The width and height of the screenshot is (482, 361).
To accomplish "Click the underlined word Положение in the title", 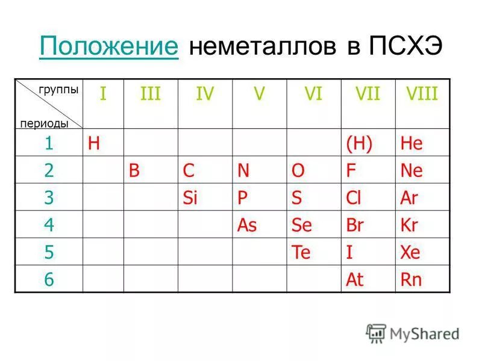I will click(x=108, y=46).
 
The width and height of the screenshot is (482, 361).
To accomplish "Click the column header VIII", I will click(x=421, y=94).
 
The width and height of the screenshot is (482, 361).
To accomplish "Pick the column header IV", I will click(x=204, y=94).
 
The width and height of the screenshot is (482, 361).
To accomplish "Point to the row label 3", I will click(x=48, y=197).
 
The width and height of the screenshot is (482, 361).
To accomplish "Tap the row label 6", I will click(x=48, y=280).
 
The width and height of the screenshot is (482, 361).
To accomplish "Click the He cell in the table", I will click(x=412, y=143).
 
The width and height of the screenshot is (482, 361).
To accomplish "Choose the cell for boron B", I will click(x=134, y=171).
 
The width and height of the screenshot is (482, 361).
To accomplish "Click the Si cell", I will click(x=190, y=198).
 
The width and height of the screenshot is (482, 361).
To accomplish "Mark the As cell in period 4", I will click(x=247, y=226).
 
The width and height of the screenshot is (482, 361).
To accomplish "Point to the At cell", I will click(x=354, y=280).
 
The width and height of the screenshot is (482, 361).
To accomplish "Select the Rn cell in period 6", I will click(x=411, y=280).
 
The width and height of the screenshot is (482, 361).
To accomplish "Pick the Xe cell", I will click(x=411, y=253).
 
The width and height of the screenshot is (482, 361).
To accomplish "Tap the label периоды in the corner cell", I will click(x=44, y=123).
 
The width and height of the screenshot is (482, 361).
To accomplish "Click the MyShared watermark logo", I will click(x=412, y=333).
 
